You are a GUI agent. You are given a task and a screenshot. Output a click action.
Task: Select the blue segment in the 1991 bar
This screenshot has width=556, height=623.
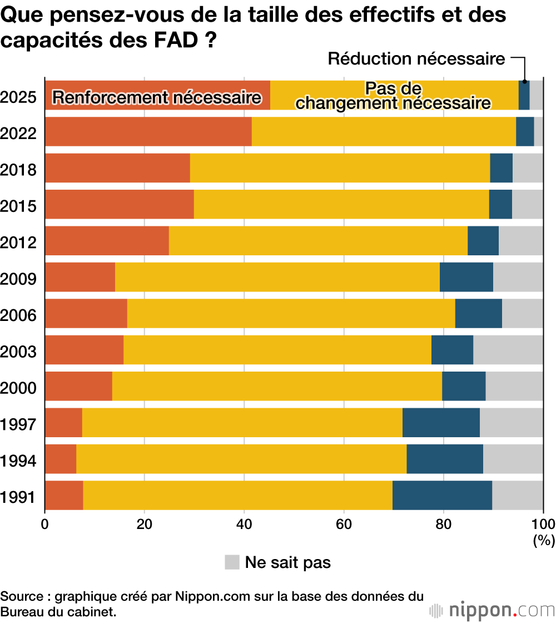pyautogui.click(x=442, y=495)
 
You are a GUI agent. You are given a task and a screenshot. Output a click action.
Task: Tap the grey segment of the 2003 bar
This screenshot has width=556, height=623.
pyautogui.click(x=508, y=350)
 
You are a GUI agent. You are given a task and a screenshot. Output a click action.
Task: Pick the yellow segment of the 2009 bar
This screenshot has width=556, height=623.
pyautogui.click(x=277, y=277)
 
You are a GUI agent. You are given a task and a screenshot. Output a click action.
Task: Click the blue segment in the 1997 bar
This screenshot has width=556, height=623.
pyautogui.click(x=441, y=423)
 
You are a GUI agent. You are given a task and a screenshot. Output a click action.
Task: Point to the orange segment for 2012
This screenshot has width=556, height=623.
pyautogui.click(x=107, y=241)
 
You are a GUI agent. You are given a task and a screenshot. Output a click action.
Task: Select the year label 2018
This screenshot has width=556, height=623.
pyautogui.click(x=18, y=169)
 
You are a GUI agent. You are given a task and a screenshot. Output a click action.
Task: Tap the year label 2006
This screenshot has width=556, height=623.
pyautogui.click(x=18, y=315)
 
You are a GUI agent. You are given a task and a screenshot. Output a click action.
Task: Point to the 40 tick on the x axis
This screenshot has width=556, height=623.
pyautogui.click(x=244, y=523)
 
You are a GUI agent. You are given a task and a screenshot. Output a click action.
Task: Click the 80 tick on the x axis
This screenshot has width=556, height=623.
pyautogui.click(x=443, y=523)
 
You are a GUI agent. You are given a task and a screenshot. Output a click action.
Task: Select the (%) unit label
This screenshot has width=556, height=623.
pyautogui.click(x=544, y=539)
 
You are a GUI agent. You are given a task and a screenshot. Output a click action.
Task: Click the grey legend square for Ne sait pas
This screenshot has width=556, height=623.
pyautogui.click(x=232, y=562)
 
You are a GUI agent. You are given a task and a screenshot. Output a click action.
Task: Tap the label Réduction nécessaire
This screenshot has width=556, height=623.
pyautogui.click(x=416, y=59)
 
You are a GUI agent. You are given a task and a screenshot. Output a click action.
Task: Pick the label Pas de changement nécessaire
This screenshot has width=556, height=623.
pyautogui.click(x=393, y=96)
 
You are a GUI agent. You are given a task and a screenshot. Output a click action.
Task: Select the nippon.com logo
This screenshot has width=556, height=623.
pyautogui.click(x=492, y=610)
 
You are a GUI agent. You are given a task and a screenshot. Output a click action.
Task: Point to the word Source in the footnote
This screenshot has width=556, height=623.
pyautogui.click(x=23, y=597)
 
